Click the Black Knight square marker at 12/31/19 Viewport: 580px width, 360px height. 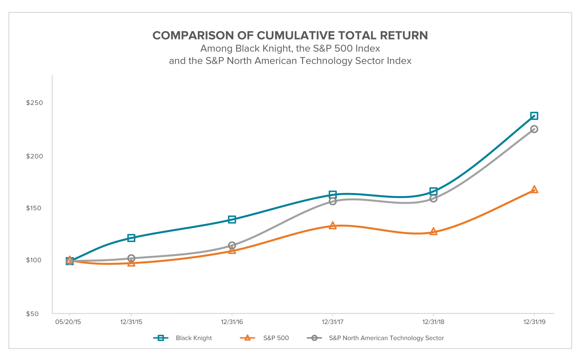(534, 116)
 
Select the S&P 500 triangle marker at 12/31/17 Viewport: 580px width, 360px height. (333, 226)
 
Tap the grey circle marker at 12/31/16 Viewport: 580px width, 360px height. (232, 246)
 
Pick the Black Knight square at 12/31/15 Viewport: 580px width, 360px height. (131, 238)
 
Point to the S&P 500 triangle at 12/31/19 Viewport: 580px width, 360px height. (534, 190)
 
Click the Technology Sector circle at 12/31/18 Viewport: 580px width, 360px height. (433, 199)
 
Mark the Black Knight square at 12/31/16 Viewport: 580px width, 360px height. (232, 219)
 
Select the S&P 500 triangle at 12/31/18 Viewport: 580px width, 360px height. (433, 231)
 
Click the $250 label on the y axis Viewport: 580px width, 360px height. (34, 103)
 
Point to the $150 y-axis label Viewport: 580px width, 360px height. (34, 208)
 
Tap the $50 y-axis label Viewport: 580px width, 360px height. (32, 314)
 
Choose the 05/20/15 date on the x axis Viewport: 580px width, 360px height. (68, 322)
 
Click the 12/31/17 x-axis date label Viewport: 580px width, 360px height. (333, 322)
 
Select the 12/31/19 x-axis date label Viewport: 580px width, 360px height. (534, 322)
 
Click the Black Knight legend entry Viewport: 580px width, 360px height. (194, 338)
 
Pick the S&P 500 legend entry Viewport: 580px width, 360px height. (276, 338)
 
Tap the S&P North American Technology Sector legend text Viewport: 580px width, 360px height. (386, 338)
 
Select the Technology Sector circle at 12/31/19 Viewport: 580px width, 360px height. (534, 129)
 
